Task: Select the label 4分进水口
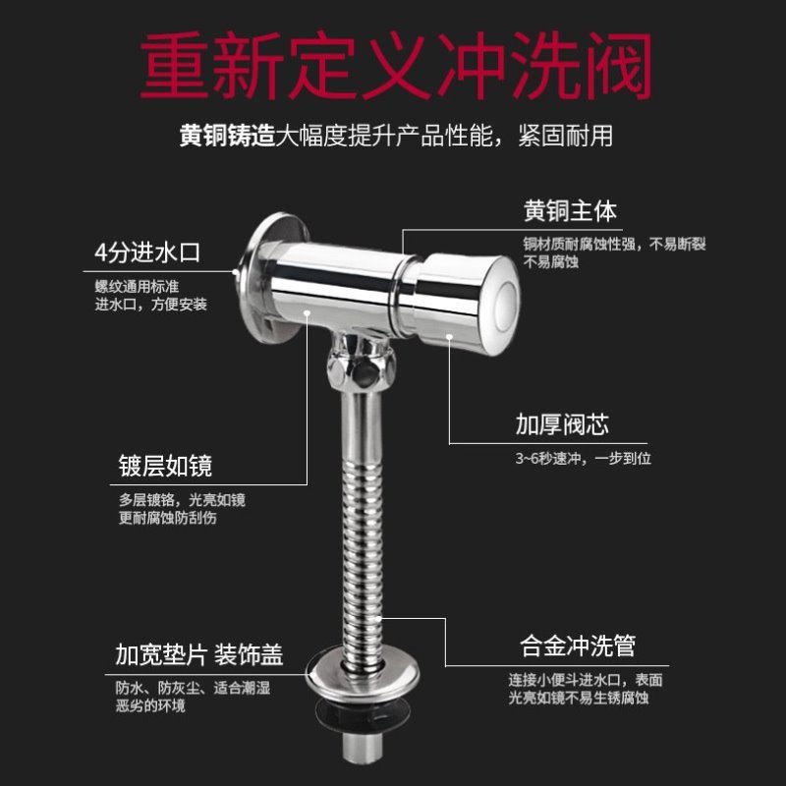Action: (x=146, y=253)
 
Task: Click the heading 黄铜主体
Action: (x=570, y=211)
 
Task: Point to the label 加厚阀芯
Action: (x=562, y=424)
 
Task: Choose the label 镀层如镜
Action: (x=163, y=465)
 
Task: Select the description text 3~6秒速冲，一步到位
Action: (x=584, y=458)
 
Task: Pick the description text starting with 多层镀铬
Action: (x=177, y=509)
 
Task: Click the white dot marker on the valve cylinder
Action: (x=308, y=313)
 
